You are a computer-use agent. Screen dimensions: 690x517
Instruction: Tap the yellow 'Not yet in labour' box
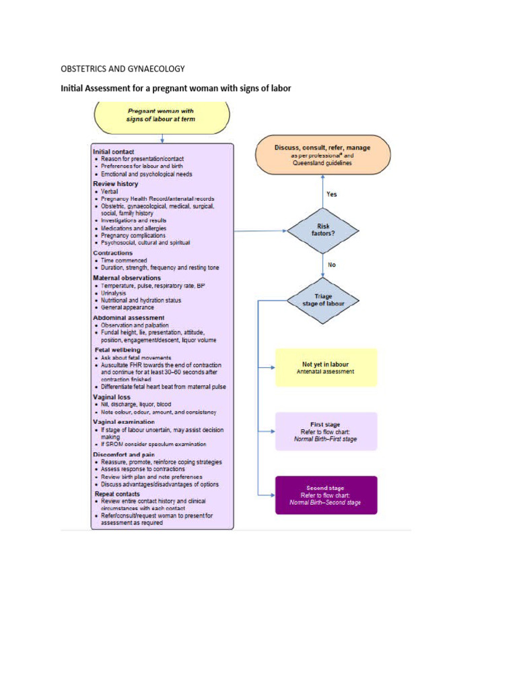coord(326,367)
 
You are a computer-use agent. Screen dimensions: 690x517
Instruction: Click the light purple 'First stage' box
coord(326,431)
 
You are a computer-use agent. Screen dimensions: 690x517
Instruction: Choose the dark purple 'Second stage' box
coord(326,495)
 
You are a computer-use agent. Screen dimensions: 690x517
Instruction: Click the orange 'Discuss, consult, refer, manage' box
coord(322,154)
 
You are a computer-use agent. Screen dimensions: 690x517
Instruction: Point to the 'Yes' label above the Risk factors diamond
coord(332,194)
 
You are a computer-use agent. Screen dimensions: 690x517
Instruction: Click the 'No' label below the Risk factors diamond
coord(331,265)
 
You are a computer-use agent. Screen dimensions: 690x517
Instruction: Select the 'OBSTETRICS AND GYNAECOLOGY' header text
coord(123,69)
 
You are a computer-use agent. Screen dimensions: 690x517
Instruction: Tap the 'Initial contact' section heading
coord(113,152)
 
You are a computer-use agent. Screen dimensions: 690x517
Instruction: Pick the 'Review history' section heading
coord(115,183)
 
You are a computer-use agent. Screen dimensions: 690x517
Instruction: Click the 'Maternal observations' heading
coord(127,277)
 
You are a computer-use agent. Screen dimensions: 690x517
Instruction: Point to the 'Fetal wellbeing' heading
coord(116,350)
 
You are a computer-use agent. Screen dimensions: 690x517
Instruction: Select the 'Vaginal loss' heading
coord(111,397)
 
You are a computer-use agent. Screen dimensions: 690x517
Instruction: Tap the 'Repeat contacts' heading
coord(117,493)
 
